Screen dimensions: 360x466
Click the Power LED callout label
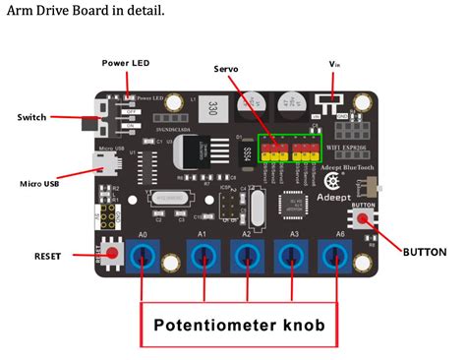click(x=126, y=63)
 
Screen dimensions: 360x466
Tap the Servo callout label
click(x=227, y=69)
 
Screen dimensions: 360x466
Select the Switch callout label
click(x=31, y=117)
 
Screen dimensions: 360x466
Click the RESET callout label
click(x=47, y=256)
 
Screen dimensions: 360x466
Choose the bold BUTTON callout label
click(x=425, y=252)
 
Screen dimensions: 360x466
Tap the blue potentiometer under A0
click(x=145, y=258)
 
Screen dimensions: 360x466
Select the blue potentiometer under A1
click(x=204, y=258)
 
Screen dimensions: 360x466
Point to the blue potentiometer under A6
click(x=337, y=258)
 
